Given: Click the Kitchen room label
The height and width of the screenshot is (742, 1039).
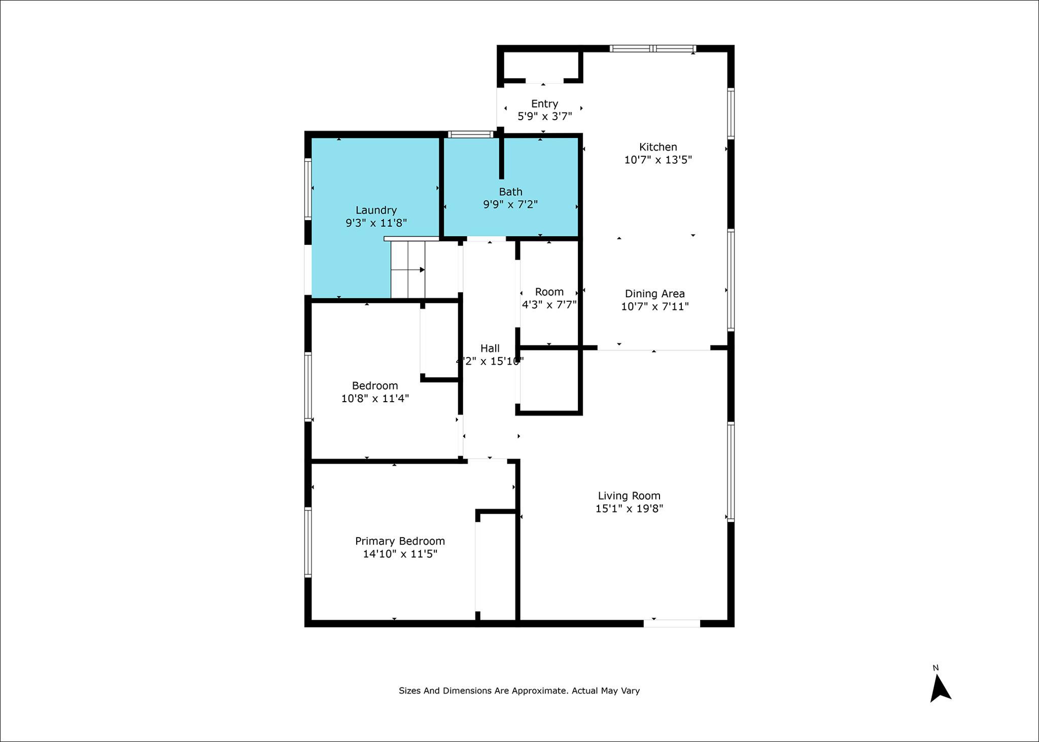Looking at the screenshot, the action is (x=658, y=147).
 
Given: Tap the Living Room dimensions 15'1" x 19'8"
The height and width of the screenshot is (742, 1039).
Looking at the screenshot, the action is (x=629, y=509).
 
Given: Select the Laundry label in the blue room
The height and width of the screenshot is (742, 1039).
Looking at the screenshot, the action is (x=376, y=210).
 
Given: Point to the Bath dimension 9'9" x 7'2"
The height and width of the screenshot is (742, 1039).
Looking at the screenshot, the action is (x=510, y=204).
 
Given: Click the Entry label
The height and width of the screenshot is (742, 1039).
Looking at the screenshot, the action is (x=544, y=104).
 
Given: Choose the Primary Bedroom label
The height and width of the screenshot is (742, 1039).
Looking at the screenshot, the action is (x=400, y=541).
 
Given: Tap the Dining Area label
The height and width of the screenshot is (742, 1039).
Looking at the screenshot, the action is (x=654, y=294).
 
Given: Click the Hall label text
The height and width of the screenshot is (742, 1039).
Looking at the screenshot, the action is (x=490, y=348).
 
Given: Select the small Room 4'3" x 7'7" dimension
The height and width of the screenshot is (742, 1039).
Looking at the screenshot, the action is (x=549, y=304).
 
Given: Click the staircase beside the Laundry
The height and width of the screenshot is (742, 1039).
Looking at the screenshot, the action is (x=407, y=270).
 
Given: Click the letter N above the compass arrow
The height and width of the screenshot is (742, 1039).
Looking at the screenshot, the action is (x=936, y=668).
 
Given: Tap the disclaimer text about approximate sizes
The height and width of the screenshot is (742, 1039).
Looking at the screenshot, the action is (x=519, y=691).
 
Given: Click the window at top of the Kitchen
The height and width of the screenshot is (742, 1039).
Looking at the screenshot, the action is (x=652, y=49).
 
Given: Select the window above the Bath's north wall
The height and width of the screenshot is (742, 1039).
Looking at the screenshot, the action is (x=471, y=134).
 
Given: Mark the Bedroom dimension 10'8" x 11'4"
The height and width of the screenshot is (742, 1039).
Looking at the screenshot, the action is (x=375, y=399).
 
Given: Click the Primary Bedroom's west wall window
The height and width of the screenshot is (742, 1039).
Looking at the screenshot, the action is (x=308, y=542).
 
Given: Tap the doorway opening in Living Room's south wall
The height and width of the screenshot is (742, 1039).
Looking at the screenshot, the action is (x=672, y=623).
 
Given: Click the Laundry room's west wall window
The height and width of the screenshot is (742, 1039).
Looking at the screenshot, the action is (x=308, y=189).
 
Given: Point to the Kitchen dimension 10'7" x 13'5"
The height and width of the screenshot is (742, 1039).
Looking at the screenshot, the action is (x=658, y=160).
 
